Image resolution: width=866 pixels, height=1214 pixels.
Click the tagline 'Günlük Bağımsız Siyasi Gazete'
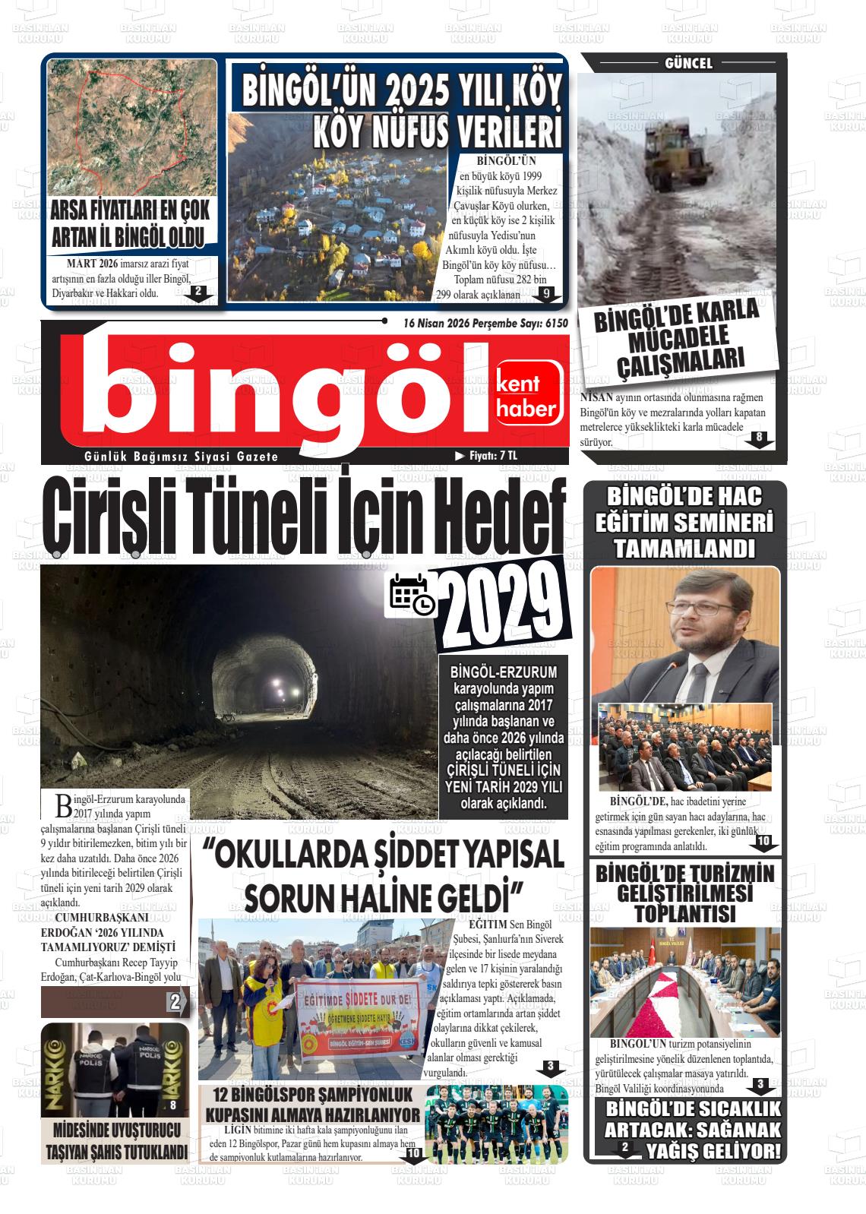[182, 457]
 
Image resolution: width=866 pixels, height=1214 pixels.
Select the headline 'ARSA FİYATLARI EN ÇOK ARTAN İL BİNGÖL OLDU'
[130, 226]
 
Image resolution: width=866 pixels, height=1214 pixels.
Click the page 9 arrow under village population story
[546, 293]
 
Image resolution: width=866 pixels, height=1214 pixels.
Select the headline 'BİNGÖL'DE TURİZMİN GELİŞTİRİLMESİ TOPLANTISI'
[684, 893]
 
